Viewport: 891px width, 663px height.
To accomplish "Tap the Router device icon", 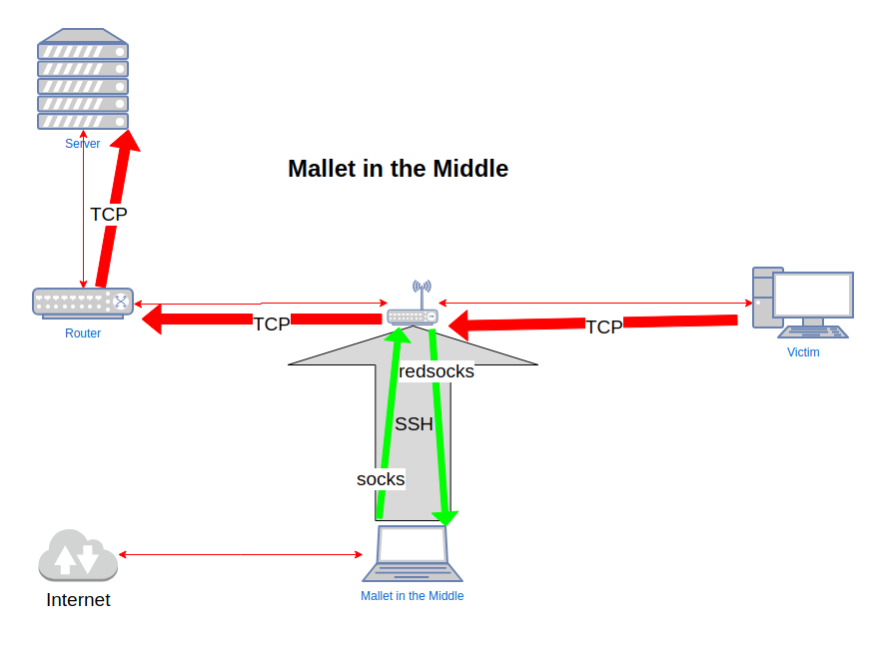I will coord(82,302).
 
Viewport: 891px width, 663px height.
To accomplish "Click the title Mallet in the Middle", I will coord(398,169).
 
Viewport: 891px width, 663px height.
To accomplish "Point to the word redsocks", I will coord(437,371).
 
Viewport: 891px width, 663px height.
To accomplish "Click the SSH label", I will coord(414,423).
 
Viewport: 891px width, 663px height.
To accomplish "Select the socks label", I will coord(381,479).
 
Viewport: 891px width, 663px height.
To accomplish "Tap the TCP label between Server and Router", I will coord(109,214).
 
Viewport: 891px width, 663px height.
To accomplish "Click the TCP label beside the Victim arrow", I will coord(603,327).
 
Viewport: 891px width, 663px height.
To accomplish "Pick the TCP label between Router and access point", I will coord(271,324).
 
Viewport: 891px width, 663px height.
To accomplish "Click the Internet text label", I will coord(78,600).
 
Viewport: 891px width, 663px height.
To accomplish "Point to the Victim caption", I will coord(803,352).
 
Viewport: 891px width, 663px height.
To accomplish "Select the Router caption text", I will coord(83,333).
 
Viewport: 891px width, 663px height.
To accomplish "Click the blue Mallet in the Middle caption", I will coord(412,596).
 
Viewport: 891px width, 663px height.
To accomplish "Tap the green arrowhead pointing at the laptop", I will coord(445,517).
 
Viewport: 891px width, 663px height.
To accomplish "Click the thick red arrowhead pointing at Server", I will coord(126,140).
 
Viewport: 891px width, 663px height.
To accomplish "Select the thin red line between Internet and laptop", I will coord(240,554).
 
